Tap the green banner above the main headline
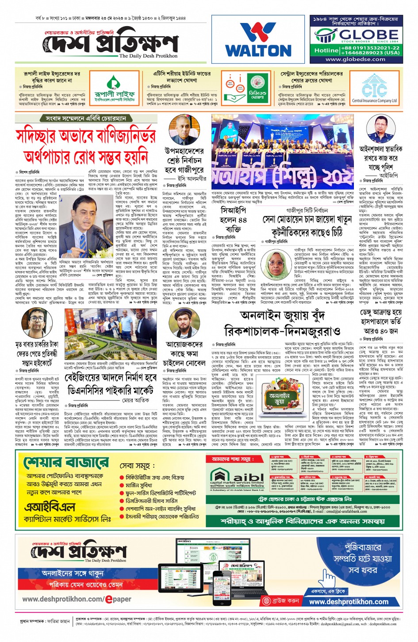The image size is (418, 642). click(x=86, y=118)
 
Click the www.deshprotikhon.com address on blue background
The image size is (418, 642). click(x=349, y=602)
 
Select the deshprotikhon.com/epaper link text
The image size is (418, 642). click(x=77, y=599)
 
